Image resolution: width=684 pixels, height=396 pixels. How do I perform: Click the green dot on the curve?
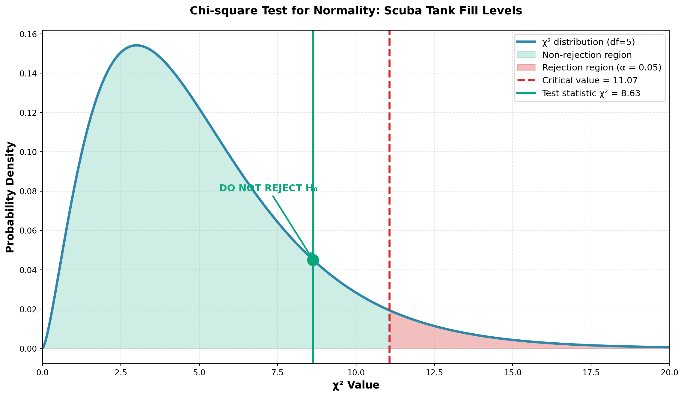coord(313,260)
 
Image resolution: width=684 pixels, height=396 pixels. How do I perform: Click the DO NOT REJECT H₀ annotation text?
coord(268,188)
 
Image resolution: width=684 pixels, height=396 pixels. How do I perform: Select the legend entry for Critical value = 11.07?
coord(590,80)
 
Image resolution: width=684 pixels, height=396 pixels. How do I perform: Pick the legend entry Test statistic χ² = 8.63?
coord(591,93)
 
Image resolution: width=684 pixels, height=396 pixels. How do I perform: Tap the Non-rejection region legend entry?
coord(587,55)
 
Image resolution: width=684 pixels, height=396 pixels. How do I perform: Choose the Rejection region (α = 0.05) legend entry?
coord(602,68)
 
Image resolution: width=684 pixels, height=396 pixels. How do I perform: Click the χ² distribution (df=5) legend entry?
coord(588,42)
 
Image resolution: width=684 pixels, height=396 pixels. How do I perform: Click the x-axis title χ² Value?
coord(356,385)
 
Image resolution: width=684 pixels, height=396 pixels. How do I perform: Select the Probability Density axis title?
coord(10,197)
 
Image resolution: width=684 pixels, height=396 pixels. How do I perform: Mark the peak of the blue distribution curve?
coord(137,46)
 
